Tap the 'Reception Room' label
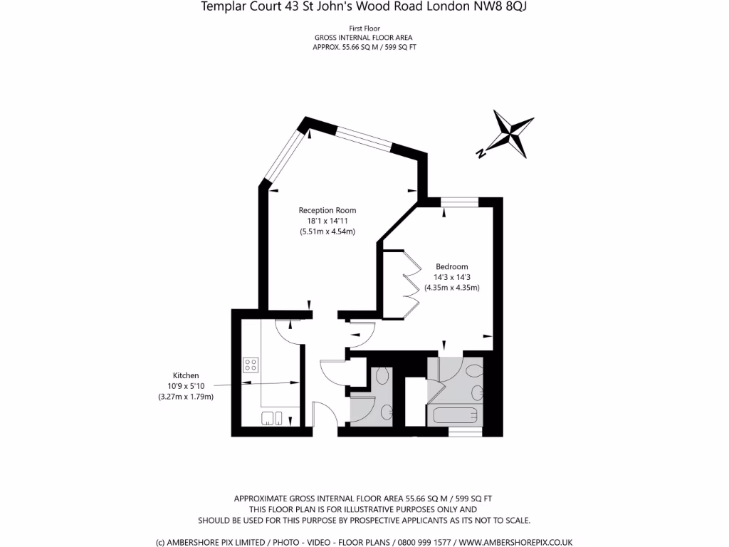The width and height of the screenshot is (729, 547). point(327,210)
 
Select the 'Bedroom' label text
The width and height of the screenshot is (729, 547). point(451,266)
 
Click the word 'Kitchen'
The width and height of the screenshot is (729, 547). point(186,375)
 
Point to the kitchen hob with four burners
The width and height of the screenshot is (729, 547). point(251,365)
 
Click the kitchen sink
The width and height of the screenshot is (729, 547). point(271,417)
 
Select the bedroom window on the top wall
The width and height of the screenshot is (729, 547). point(459,202)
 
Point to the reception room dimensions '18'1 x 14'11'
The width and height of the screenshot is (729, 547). point(327,221)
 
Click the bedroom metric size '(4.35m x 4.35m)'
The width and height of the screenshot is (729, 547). point(451,288)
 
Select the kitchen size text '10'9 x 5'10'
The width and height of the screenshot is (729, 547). point(186,386)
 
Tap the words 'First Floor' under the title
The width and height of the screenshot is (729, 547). point(363,28)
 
